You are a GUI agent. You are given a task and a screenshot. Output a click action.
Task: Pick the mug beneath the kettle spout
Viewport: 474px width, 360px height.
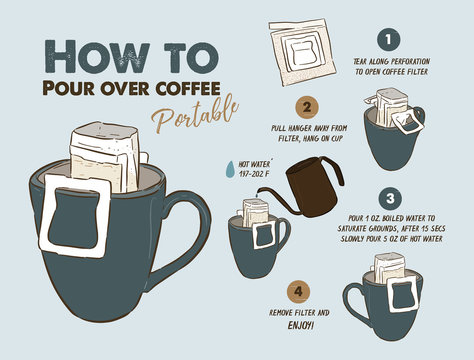click(x=255, y=245)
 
